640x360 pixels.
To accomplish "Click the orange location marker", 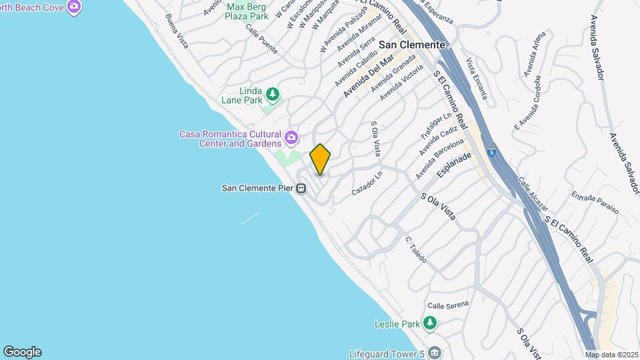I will tap(321, 159).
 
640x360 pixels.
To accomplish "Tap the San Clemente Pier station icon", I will tap(302, 188).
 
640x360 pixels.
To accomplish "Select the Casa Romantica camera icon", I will tap(291, 138).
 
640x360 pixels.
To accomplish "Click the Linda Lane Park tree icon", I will tap(272, 93).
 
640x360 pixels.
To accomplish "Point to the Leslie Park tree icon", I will tap(431, 324).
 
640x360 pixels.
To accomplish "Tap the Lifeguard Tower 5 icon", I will tap(435, 353).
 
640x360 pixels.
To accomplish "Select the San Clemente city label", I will tap(411, 44).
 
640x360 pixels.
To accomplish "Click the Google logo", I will tap(22, 352).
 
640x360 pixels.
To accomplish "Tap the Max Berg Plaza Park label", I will tap(247, 11).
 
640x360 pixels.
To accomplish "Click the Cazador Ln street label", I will tap(367, 182).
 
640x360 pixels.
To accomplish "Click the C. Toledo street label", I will tap(415, 249).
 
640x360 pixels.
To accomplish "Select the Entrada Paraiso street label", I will tap(595, 203).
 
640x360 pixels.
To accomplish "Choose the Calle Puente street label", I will tap(261, 38).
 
